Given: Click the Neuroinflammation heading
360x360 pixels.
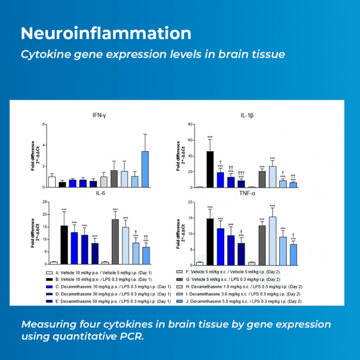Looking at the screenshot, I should tap(106, 34).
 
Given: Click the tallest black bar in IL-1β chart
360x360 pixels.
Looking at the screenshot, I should tap(210, 169).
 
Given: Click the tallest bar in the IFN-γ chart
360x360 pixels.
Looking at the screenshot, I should tap(145, 169).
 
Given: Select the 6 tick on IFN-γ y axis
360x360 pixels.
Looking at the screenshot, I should tap(44, 125).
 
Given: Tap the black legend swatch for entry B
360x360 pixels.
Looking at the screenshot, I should tap(48, 280).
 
